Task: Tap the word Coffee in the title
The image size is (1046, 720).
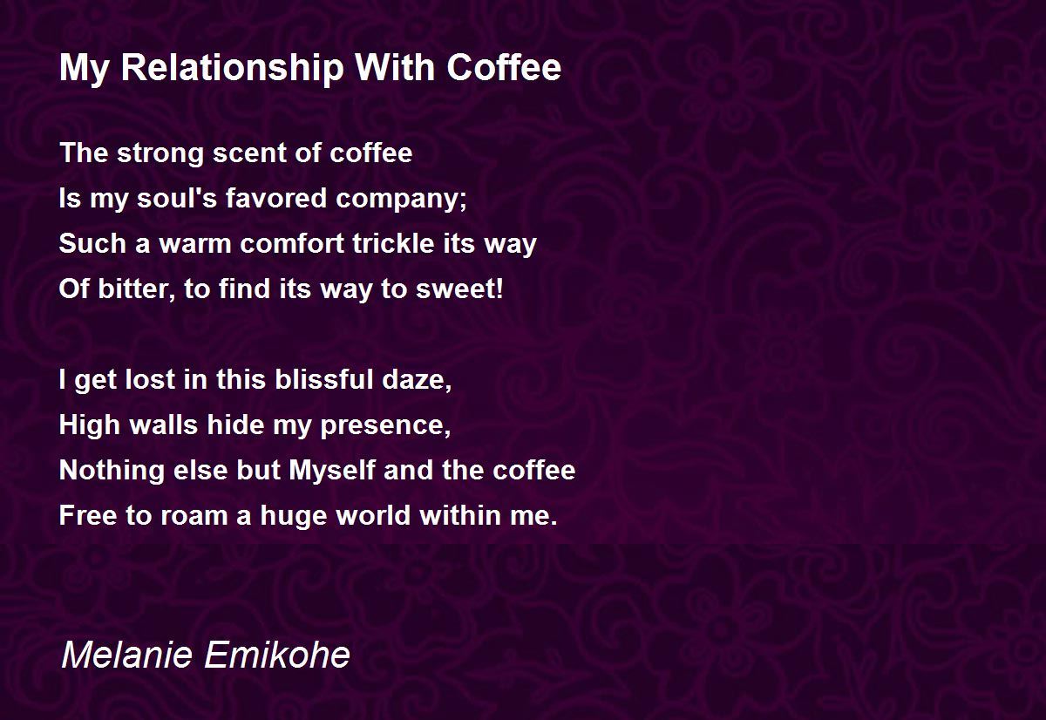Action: pyautogui.click(x=505, y=68)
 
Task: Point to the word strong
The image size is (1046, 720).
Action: pyautogui.click(x=157, y=153)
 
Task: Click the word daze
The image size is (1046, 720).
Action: pyautogui.click(x=425, y=380)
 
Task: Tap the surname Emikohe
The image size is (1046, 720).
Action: pyautogui.click(x=275, y=655)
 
